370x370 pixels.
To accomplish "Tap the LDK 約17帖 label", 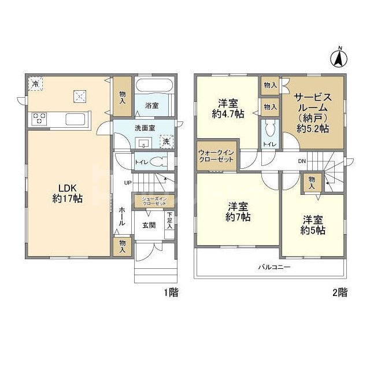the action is pyautogui.click(x=67, y=194).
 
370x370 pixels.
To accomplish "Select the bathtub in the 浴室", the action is pyautogui.click(x=155, y=85).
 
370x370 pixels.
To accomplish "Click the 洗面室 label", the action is pyautogui.click(x=145, y=128).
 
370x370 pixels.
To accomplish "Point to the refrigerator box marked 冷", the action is pyautogui.click(x=35, y=83).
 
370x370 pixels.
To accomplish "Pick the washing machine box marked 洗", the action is pyautogui.click(x=166, y=142).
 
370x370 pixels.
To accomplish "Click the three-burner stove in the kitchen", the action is pyautogui.click(x=39, y=119).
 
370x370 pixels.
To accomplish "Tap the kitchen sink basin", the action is pyautogui.click(x=75, y=119).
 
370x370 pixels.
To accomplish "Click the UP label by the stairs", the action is pyautogui.click(x=128, y=183).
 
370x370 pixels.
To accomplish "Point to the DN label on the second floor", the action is pyautogui.click(x=302, y=161).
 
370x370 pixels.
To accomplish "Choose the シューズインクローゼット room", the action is pyautogui.click(x=154, y=201).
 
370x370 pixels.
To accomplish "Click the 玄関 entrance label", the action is pyautogui.click(x=149, y=225).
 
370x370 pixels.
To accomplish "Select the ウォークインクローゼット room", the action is pyautogui.click(x=217, y=156).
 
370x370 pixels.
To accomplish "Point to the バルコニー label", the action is pyautogui.click(x=274, y=267).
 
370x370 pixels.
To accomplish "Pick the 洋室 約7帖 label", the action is pyautogui.click(x=238, y=212).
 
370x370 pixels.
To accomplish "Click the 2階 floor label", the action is pyautogui.click(x=340, y=293).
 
